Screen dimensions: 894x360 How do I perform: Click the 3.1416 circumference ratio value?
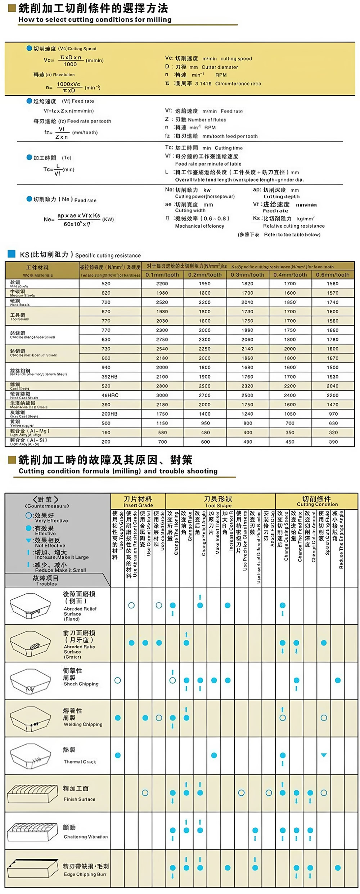coord(203,84)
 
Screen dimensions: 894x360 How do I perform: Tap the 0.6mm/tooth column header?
coord(333,275)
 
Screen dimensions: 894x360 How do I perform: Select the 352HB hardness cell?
coord(109,377)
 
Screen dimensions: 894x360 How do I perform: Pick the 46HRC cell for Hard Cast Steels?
coord(110,395)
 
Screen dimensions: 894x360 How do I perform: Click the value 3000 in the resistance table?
coord(162,395)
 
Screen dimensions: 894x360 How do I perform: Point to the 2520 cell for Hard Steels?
coord(162,302)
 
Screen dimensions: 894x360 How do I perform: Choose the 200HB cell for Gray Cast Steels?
coord(109,414)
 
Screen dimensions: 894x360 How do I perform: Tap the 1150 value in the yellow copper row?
coord(162,423)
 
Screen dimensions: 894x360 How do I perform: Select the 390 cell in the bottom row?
coord(333,442)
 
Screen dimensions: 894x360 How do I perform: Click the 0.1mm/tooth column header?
coord(162,275)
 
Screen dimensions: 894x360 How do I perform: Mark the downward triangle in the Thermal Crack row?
coord(324,755)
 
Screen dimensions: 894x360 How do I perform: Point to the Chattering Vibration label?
coord(86,836)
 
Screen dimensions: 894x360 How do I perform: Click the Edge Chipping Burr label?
coord(85,874)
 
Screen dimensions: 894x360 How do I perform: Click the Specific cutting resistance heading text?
coord(108,255)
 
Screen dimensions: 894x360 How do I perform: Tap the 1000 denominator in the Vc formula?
coord(70,64)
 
